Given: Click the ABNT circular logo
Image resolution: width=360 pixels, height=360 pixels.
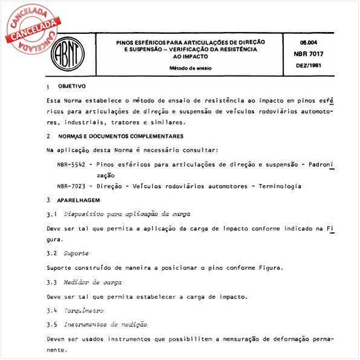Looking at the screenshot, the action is click(67, 55).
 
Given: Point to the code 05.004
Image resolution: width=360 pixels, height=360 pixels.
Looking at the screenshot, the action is click(309, 42).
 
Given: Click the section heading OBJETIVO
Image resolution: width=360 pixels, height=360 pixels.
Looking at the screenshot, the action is click(72, 87).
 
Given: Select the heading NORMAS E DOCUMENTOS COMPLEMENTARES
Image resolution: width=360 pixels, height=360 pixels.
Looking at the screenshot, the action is click(121, 136).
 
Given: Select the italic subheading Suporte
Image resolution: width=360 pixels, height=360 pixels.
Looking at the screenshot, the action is click(77, 253).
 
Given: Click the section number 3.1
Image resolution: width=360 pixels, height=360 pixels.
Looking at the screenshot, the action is click(51, 214).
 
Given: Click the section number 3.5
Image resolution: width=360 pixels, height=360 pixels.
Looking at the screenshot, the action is click(51, 325).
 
